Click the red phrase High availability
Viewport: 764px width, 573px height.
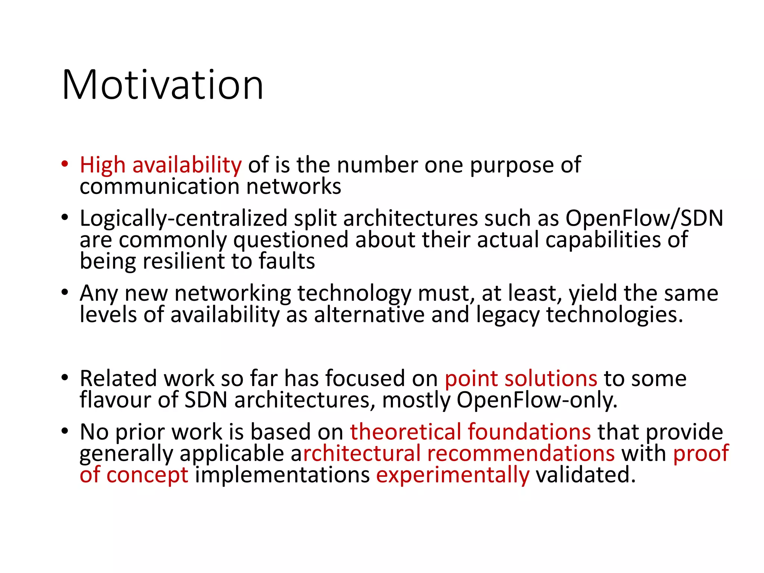(161, 165)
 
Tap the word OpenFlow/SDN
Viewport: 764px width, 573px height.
(644, 218)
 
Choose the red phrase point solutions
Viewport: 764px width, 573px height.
(521, 378)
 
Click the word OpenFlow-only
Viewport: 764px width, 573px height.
(537, 400)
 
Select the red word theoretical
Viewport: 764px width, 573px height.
(406, 432)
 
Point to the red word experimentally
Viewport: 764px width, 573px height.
(453, 475)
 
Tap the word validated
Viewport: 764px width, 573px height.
(585, 475)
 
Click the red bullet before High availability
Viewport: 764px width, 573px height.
(65, 164)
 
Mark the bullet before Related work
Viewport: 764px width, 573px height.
(65, 378)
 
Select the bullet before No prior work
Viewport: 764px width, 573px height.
(65, 431)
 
